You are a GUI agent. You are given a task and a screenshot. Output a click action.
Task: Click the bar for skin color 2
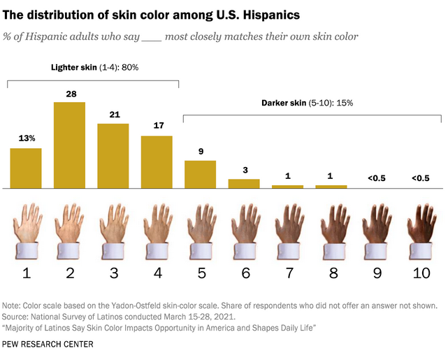pos(69,145)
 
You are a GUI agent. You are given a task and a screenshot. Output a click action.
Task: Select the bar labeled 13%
pos(25,168)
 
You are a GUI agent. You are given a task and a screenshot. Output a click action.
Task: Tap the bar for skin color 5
pos(201,174)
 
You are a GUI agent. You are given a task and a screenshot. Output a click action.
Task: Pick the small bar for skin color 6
pos(244,184)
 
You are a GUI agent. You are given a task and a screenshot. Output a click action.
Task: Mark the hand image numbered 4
pos(157,227)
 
